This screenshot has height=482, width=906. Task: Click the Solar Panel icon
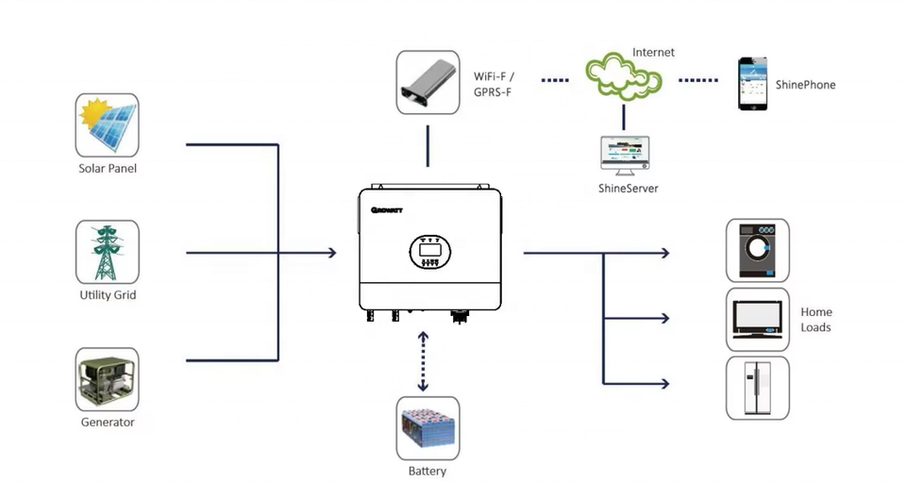coord(108,125)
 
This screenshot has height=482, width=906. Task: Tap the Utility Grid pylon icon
coord(108,252)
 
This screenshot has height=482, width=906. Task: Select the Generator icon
coord(107,378)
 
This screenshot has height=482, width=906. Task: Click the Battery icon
coord(428,427)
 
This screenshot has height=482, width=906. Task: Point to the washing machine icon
coord(757,250)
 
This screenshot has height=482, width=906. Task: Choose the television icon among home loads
coord(757,319)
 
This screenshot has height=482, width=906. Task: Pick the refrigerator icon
coord(757,388)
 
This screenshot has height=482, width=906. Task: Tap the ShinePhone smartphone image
coord(752,84)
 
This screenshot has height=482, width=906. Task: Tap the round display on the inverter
coord(430,252)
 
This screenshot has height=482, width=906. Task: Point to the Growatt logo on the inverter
coord(386,210)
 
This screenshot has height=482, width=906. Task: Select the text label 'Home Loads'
coord(816,320)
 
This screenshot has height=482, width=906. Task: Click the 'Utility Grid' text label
coord(108,295)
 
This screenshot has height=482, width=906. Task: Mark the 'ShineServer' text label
coord(628,189)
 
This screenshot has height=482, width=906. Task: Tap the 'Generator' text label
coord(108,422)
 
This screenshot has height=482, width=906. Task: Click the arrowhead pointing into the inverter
coord(332,253)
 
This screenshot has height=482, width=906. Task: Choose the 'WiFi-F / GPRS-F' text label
coord(495,84)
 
